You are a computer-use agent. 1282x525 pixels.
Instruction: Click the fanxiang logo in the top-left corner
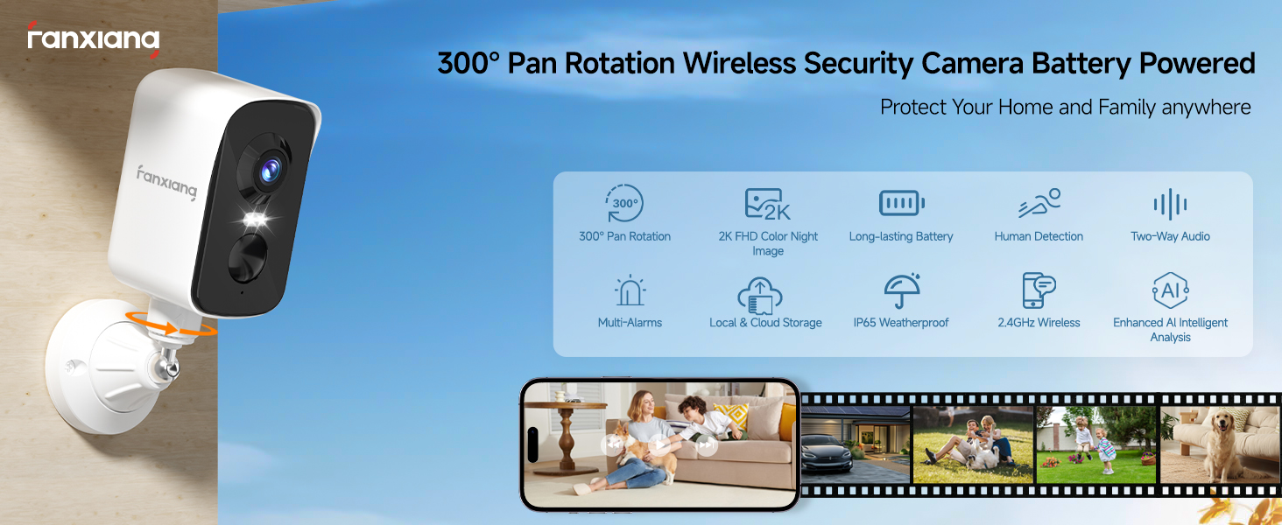(x=93, y=39)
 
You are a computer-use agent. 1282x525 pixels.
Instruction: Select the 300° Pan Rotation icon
(x=624, y=204)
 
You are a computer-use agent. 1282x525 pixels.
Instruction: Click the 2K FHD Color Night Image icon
(x=767, y=204)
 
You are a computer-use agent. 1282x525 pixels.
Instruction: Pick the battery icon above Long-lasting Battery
(x=901, y=204)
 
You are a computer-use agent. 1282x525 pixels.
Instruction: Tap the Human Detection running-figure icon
(x=1039, y=204)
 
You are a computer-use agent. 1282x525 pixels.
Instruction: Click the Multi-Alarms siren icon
(x=629, y=290)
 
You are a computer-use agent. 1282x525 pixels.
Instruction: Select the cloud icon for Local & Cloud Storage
(x=759, y=293)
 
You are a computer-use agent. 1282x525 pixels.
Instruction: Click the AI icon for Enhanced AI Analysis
(x=1170, y=290)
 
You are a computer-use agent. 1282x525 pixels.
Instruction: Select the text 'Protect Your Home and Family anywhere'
(x=1065, y=108)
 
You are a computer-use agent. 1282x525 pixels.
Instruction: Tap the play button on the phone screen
(x=659, y=444)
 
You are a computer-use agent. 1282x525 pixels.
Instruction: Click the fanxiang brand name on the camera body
(x=166, y=180)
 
